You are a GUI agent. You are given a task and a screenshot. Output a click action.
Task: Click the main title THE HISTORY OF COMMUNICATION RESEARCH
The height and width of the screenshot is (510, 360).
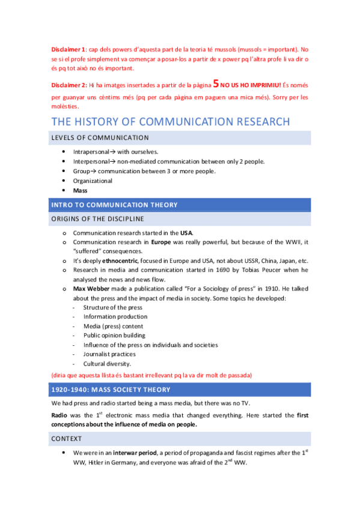tap(170, 122)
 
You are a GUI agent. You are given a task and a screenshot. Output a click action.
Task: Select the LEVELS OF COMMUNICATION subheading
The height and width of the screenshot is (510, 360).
tap(100, 138)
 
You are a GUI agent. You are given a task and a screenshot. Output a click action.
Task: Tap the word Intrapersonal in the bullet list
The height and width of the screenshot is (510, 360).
tap(91, 152)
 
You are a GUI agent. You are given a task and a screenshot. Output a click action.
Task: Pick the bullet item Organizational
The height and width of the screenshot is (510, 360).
tap(93, 180)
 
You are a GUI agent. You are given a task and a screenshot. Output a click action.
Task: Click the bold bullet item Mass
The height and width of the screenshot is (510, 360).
tap(80, 190)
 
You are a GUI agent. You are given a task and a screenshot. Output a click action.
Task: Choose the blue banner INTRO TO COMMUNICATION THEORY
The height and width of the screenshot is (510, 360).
tap(114, 205)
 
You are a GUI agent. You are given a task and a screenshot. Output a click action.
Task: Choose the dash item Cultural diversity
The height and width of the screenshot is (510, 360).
tap(107, 364)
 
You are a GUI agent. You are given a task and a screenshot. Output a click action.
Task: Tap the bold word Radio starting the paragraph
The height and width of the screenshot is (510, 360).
tap(60, 416)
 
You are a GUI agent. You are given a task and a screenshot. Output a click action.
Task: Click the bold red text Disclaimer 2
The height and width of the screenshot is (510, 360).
tap(69, 85)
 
